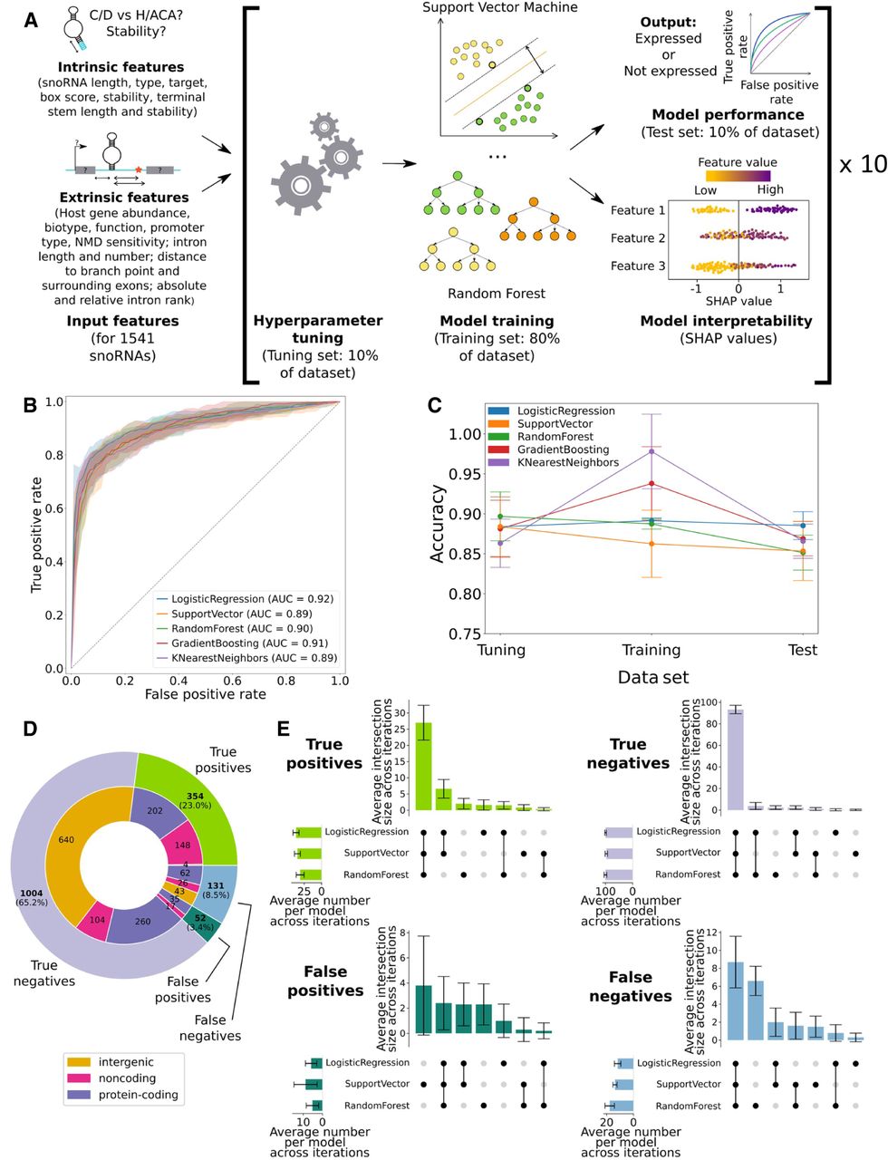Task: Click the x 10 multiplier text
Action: pyautogui.click(x=862, y=165)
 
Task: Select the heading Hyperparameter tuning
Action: pyautogui.click(x=317, y=329)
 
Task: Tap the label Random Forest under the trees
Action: pyautogui.click(x=497, y=293)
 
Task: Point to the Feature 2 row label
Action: pyautogui.click(x=638, y=238)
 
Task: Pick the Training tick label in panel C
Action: pyautogui.click(x=652, y=650)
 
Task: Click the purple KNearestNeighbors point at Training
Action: pyautogui.click(x=652, y=450)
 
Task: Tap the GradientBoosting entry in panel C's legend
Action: pyautogui.click(x=563, y=449)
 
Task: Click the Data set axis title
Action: pyautogui.click(x=652, y=677)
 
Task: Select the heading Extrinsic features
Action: pyautogui.click(x=124, y=198)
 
